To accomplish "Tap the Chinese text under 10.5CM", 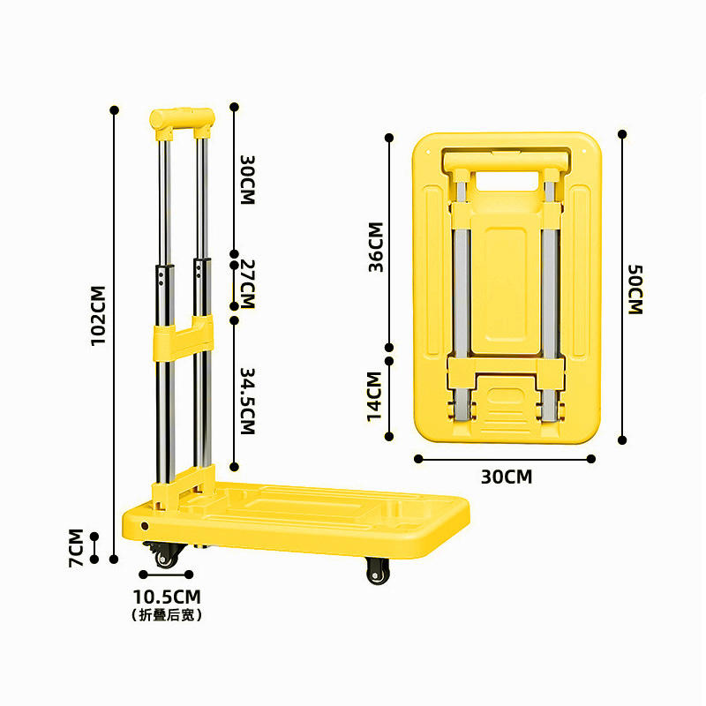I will [x=167, y=615].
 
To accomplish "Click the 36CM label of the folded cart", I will [x=376, y=246].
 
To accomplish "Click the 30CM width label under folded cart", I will [x=507, y=477].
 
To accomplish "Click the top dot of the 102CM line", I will [x=114, y=110].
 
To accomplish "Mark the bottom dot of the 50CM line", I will [x=622, y=439].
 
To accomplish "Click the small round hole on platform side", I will [x=146, y=526].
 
